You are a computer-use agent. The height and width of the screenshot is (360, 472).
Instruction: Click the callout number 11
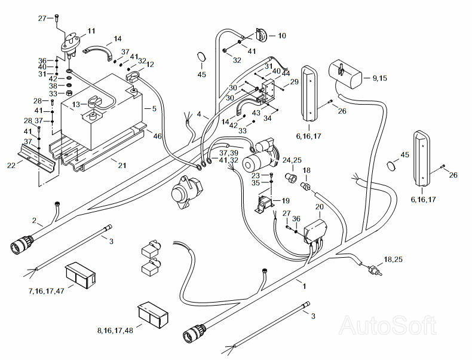tap(91, 31)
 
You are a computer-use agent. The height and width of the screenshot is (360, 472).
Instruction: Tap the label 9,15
tap(379, 78)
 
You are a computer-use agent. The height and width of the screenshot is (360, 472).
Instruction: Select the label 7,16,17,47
tap(47, 291)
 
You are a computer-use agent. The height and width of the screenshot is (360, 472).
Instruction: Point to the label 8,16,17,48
tap(115, 331)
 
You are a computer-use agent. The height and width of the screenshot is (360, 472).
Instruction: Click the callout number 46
tap(158, 136)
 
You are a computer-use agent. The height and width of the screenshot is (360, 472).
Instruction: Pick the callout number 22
tap(11, 165)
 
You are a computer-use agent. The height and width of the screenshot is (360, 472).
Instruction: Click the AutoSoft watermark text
tap(387, 325)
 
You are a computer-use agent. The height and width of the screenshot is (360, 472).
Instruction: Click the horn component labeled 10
tap(261, 35)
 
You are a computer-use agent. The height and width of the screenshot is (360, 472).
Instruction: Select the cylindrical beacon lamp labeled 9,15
tap(345, 74)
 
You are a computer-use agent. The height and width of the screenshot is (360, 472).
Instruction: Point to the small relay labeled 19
tap(264, 205)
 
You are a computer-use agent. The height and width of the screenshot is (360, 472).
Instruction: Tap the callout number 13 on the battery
tap(76, 105)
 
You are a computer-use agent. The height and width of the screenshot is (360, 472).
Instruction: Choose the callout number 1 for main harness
tap(304, 286)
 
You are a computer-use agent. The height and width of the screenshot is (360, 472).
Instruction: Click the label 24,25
tap(292, 160)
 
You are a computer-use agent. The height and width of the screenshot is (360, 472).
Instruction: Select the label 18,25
tap(393, 260)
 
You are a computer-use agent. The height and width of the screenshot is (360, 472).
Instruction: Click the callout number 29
tap(294, 82)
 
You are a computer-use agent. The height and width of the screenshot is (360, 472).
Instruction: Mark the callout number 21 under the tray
tap(122, 165)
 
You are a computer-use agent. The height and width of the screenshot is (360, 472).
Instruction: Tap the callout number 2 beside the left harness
tap(34, 221)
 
